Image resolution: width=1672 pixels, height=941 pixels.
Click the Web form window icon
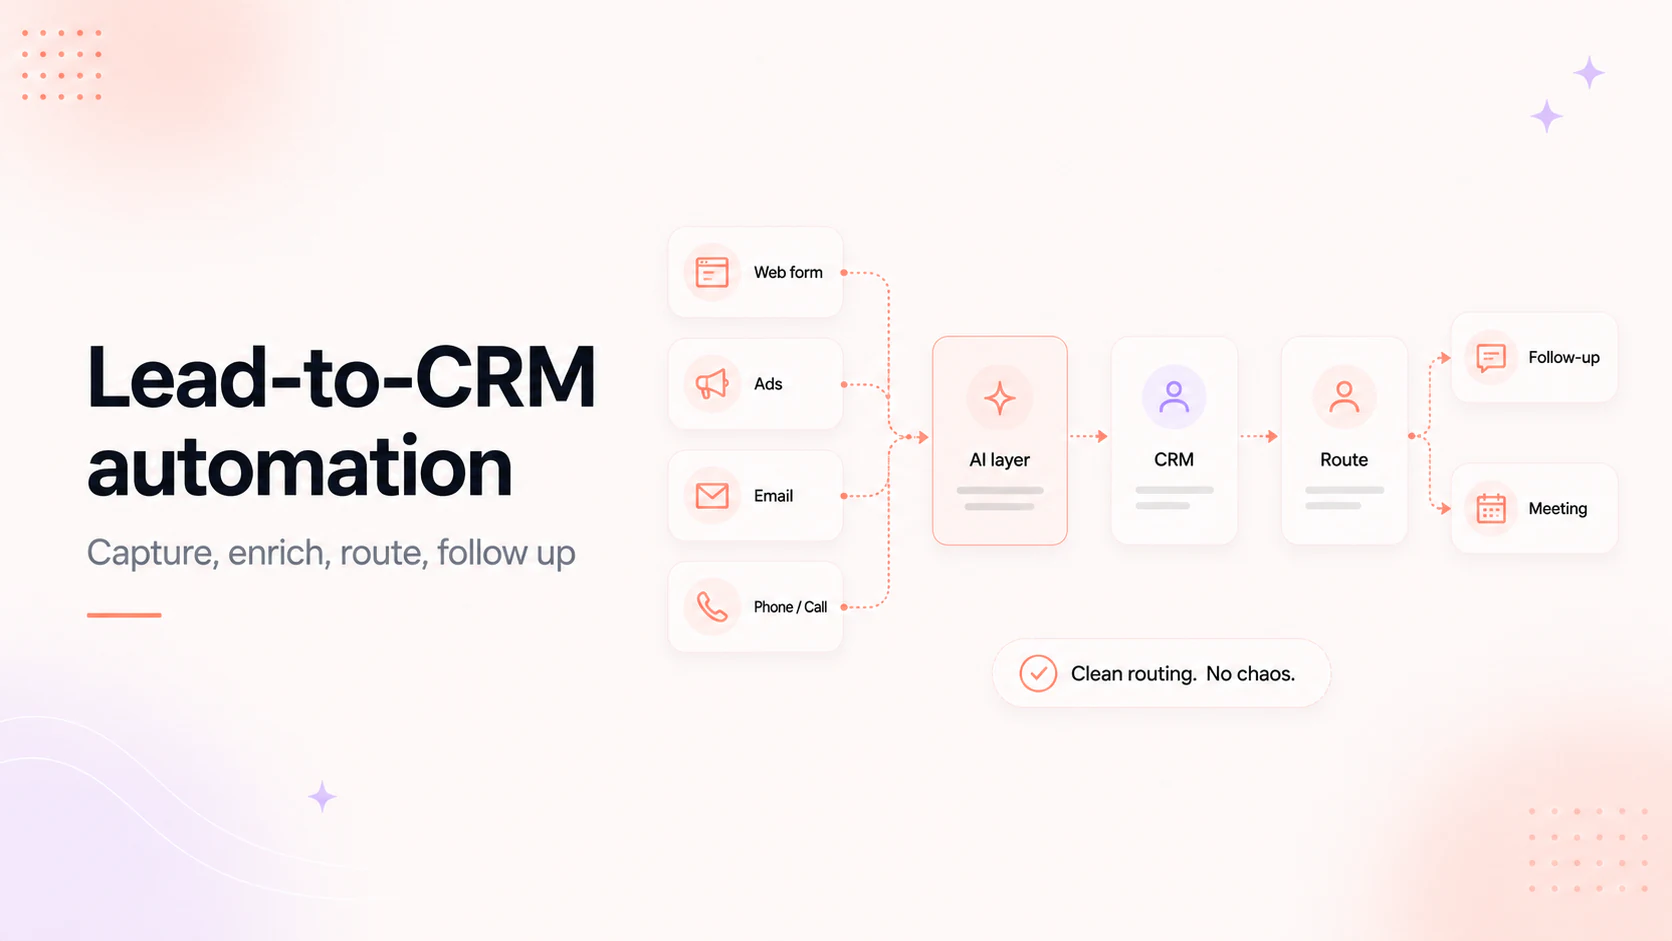(x=711, y=272)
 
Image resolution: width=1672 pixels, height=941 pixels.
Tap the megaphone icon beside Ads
(x=711, y=384)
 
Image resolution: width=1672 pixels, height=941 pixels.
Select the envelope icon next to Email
(x=711, y=495)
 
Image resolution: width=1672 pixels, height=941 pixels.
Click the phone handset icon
(x=711, y=607)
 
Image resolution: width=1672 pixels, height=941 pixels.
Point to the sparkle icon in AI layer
(x=999, y=398)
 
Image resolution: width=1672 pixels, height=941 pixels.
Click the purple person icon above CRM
(x=1173, y=397)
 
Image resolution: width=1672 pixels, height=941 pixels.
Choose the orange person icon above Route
(x=1344, y=397)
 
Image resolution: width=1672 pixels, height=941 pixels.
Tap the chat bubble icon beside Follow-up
(x=1491, y=357)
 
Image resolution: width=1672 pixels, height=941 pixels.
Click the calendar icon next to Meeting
(x=1491, y=508)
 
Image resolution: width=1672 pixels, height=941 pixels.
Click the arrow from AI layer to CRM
(x=1089, y=437)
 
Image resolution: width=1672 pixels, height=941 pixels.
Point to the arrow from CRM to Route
(x=1259, y=437)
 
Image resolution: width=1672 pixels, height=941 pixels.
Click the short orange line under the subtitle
(x=124, y=615)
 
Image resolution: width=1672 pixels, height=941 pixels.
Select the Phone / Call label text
(x=790, y=607)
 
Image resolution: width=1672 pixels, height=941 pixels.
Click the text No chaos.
(x=1250, y=674)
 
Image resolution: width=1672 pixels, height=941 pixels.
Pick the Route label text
(x=1344, y=460)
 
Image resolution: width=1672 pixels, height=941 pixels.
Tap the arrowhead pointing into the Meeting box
(x=1446, y=508)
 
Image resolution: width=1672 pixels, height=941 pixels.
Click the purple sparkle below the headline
(x=322, y=797)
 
